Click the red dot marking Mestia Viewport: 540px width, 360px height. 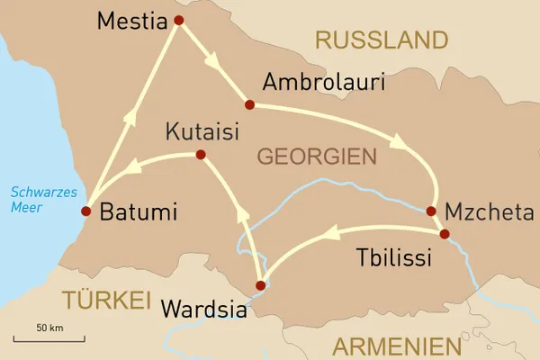[178, 20]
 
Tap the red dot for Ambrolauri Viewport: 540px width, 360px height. [249, 104]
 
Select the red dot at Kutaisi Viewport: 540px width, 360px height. [201, 155]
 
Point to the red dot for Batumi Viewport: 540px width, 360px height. [85, 211]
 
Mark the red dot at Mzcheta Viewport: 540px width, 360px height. [431, 211]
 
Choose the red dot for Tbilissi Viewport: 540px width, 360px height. [445, 234]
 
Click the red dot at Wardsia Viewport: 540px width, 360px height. [261, 286]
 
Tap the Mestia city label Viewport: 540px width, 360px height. [132, 20]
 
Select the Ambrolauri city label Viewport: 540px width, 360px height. [323, 83]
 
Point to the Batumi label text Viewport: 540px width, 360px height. [139, 213]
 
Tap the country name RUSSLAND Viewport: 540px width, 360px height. [381, 40]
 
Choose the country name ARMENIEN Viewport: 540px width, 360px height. [395, 346]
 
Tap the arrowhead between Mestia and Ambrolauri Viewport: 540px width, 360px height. [214, 63]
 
